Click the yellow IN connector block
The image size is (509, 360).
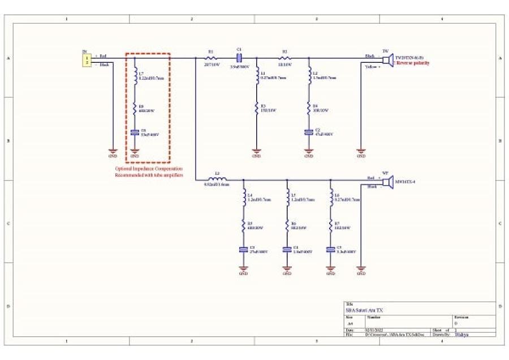click(86, 59)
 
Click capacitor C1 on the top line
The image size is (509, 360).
click(239, 57)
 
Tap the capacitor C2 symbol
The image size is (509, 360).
click(309, 132)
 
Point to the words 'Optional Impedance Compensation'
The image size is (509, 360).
click(149, 169)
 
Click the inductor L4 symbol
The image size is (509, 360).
click(244, 198)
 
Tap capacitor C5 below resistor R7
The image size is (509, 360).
click(330, 249)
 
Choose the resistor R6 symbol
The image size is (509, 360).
click(287, 225)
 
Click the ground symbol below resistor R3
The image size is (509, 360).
click(256, 152)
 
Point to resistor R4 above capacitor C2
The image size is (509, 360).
click(309, 108)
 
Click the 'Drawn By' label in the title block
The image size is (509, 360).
click(440, 335)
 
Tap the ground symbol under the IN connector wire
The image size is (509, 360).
click(112, 152)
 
